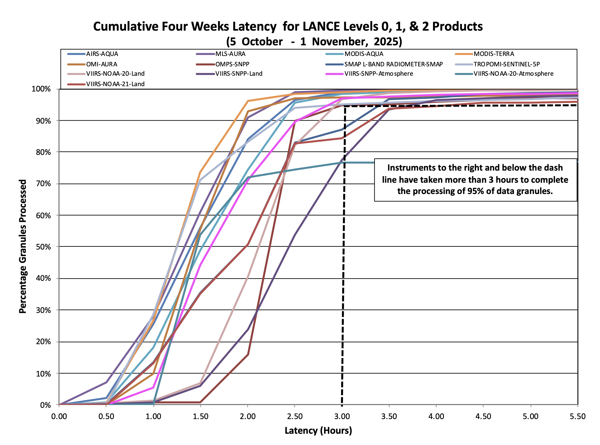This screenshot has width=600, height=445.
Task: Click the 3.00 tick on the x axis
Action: click(x=342, y=416)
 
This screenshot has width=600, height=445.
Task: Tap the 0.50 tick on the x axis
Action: click(x=106, y=416)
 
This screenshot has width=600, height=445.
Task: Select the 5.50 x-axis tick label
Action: click(x=578, y=416)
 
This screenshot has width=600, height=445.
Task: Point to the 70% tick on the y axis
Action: click(x=43, y=184)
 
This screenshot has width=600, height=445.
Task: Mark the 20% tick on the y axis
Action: click(x=43, y=342)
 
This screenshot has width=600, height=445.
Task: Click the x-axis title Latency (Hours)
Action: click(x=318, y=431)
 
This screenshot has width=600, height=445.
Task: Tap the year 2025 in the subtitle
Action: click(x=388, y=42)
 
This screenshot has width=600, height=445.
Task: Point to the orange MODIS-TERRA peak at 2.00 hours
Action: click(x=248, y=101)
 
